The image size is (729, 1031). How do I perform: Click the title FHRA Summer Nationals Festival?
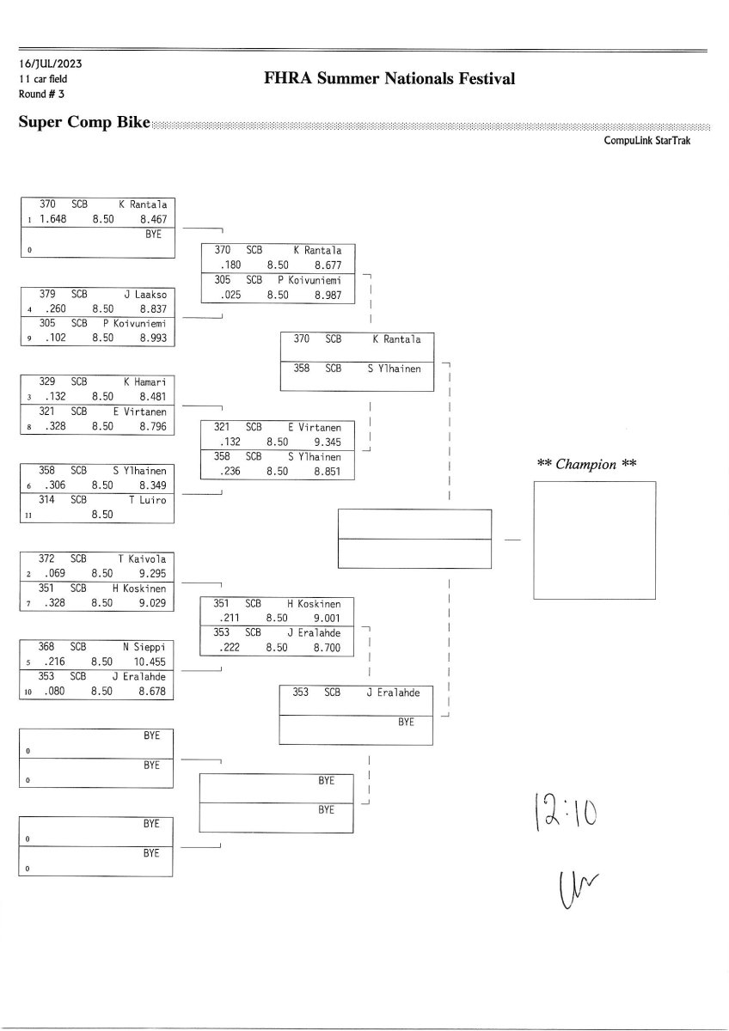click(x=390, y=80)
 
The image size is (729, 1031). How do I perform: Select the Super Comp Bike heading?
click(x=84, y=123)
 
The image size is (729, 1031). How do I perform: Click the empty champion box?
click(x=594, y=540)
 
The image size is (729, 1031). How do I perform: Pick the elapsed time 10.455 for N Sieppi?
click(x=150, y=661)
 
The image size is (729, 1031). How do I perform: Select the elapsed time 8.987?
click(x=326, y=295)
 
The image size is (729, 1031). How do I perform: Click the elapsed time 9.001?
click(x=326, y=617)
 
